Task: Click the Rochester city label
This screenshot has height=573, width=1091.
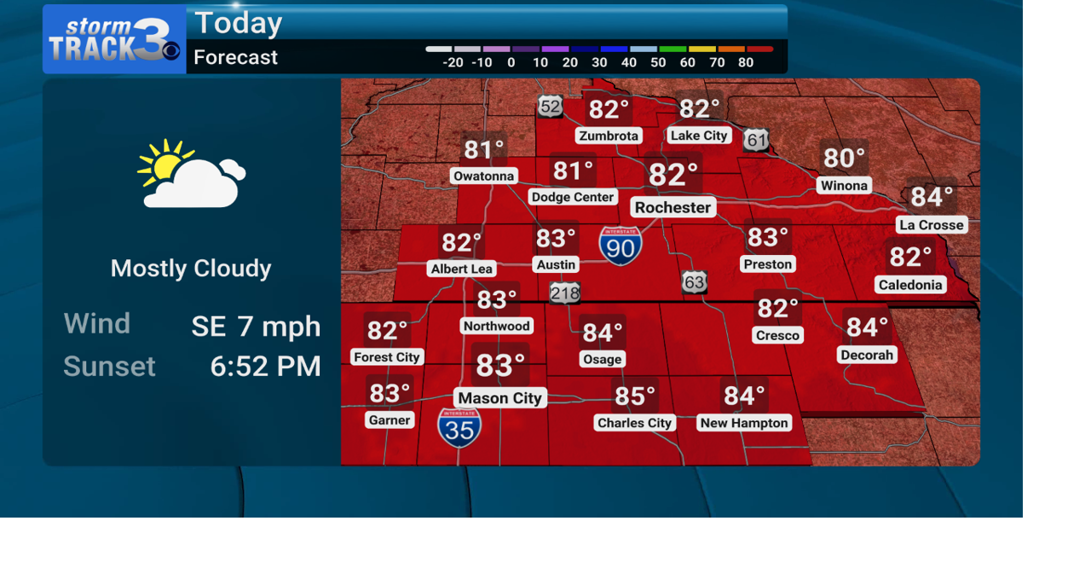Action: tap(672, 207)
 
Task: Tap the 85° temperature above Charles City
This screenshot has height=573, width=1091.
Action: tap(635, 396)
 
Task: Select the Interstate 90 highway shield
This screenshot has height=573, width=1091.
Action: tap(621, 246)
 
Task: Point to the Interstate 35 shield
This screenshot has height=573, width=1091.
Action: tap(459, 428)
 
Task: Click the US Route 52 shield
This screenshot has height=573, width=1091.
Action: tap(550, 107)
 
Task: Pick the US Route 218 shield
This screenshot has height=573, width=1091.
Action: tap(564, 293)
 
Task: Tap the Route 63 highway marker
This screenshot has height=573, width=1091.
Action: tap(695, 282)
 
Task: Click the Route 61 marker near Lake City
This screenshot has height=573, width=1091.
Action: tap(756, 140)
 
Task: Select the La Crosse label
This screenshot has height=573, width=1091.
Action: tap(931, 225)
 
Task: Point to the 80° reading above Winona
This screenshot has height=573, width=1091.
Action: tap(844, 158)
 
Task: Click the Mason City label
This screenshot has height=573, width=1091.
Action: tap(499, 398)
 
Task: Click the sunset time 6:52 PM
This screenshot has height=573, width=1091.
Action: tap(265, 366)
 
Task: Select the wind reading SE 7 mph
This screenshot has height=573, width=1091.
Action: tap(256, 326)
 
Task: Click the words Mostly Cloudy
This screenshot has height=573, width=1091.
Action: tap(191, 269)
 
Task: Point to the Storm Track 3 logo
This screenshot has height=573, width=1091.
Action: tap(114, 39)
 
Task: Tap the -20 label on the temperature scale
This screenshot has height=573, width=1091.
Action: tap(453, 62)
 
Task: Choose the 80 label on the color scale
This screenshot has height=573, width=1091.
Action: tap(746, 62)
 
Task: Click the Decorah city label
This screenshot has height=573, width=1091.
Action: tap(867, 355)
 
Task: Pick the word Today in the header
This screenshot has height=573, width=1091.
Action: tap(239, 23)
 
